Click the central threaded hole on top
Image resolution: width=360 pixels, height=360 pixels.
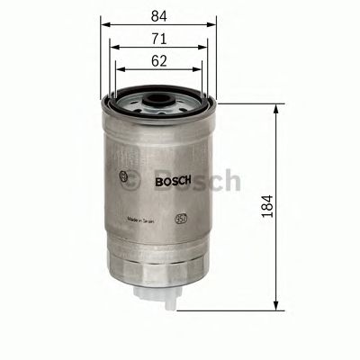[159, 94]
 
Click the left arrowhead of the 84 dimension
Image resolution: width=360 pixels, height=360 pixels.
[103, 26]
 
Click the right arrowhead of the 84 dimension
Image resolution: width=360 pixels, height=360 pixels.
[216, 26]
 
